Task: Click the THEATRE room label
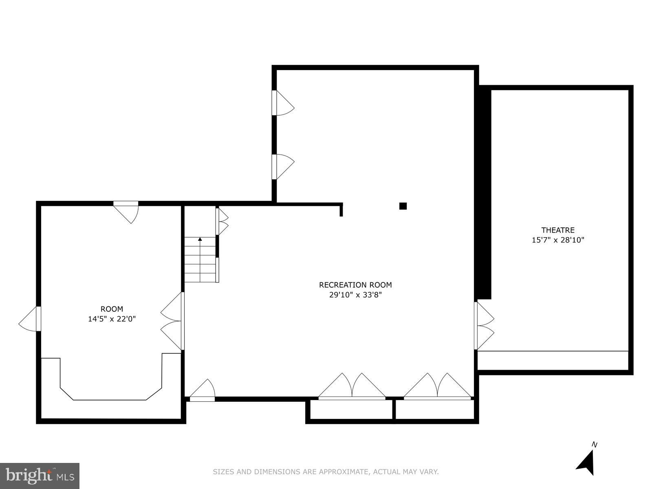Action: pos(557,230)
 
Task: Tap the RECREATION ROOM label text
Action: pos(355,285)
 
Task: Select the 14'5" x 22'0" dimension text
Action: pos(112,319)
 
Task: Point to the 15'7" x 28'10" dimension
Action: pos(557,240)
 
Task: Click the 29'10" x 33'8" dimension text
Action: pos(355,295)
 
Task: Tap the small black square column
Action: pos(403,206)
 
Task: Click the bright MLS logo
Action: pos(40,476)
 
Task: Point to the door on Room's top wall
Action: pos(126,212)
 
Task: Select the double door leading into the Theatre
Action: pos(484,326)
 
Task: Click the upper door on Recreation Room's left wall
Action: pos(283,103)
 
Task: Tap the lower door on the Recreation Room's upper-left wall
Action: pos(283,167)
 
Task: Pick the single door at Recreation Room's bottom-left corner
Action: pos(202,390)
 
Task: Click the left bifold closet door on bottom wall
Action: pos(352,386)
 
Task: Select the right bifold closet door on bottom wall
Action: pos(437,386)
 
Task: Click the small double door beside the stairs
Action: pos(222,222)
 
